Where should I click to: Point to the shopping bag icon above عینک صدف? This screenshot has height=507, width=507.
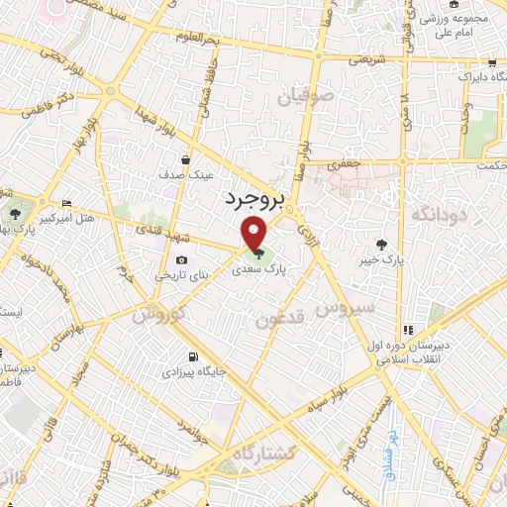(185, 158)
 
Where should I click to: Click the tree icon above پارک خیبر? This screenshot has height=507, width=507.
(381, 244)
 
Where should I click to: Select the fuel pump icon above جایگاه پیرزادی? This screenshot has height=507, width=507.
(191, 357)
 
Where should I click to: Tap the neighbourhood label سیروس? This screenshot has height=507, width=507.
(345, 308)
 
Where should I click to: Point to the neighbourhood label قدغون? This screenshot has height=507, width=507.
(278, 319)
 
